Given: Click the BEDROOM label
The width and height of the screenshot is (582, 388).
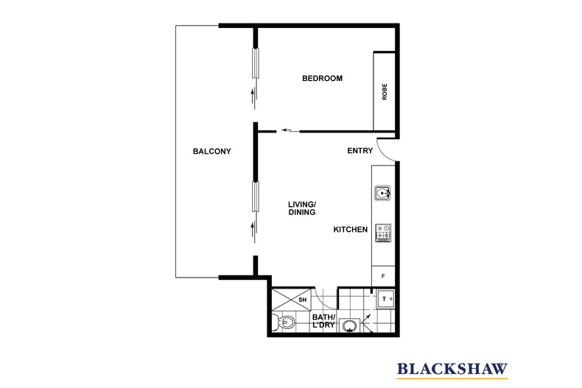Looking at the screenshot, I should [x=322, y=79].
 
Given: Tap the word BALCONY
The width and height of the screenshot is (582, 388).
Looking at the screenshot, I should [x=211, y=152].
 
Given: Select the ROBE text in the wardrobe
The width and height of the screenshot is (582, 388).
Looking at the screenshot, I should [x=385, y=92].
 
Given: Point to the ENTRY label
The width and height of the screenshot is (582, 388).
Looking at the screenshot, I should [x=360, y=152].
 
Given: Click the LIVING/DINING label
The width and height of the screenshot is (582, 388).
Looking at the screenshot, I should [x=302, y=208].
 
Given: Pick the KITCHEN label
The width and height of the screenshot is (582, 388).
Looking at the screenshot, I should [x=350, y=230].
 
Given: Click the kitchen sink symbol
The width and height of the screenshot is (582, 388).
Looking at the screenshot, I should [x=383, y=194].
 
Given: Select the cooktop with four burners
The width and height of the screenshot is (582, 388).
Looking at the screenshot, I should [x=383, y=233].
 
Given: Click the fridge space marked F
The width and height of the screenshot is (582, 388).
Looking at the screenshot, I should [x=383, y=276].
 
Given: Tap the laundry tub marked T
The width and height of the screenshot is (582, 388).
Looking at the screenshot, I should [x=384, y=299].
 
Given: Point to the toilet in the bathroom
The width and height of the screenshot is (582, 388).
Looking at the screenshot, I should [x=284, y=322].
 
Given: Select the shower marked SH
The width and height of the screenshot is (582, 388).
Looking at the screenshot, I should [x=291, y=299].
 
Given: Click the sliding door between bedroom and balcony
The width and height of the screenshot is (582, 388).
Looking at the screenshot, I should [x=256, y=64].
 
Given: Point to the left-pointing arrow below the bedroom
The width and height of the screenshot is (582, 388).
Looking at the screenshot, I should [x=290, y=132].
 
